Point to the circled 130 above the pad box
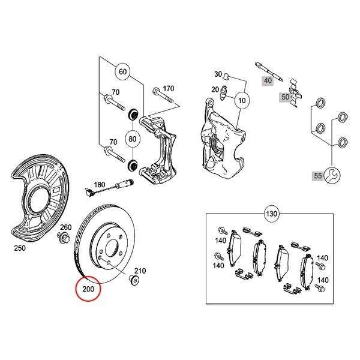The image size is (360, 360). pos(272,215)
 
